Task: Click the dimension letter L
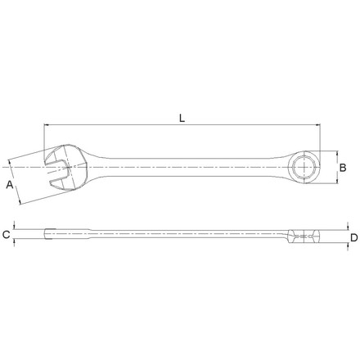tap(182, 117)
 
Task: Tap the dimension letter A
tap(11, 186)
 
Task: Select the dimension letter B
tap(343, 167)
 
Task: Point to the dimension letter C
tap(7, 236)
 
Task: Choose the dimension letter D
tap(353, 237)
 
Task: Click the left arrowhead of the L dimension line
tap(47, 125)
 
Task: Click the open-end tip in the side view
tap(49, 235)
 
